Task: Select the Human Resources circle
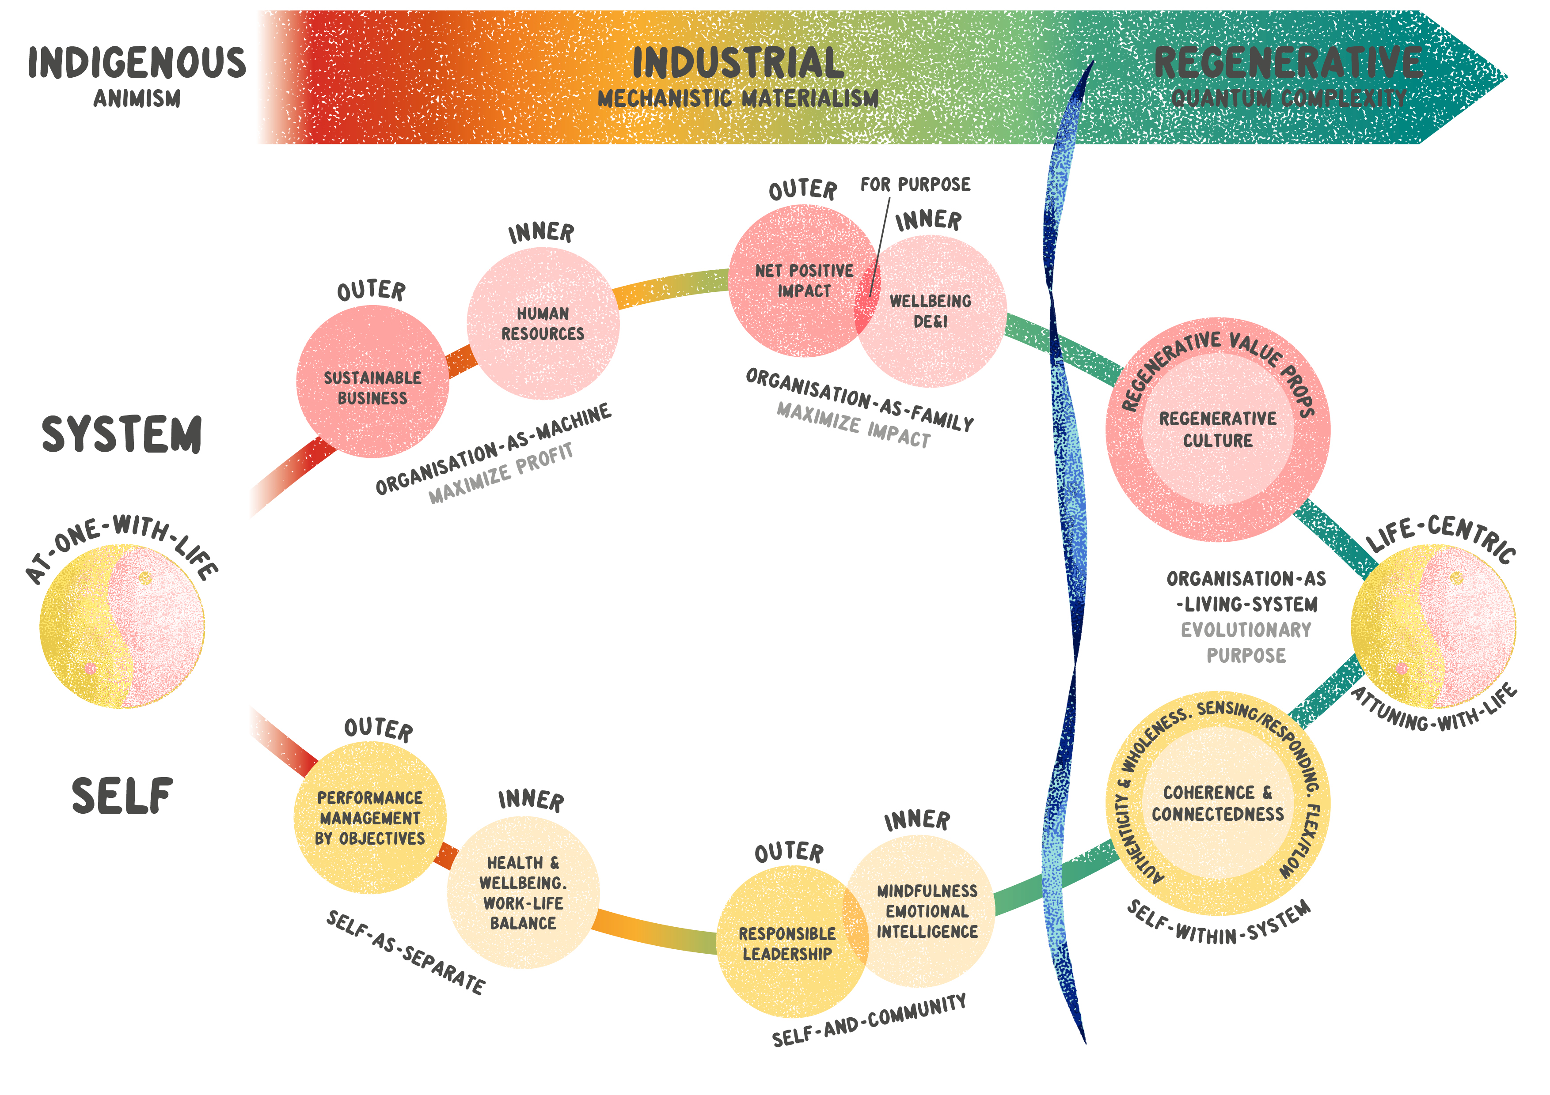coord(543,323)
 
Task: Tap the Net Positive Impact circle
coord(797,281)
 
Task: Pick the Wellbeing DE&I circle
coord(935,312)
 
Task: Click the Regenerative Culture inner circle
coord(1218,429)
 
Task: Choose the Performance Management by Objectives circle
coord(370,818)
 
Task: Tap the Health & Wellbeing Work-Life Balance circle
coord(523,893)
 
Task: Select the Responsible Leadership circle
coord(783,943)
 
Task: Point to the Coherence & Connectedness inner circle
coord(1218,803)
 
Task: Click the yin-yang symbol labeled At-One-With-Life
coord(122,626)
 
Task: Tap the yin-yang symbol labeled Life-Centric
coord(1433,626)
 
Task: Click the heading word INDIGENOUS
coord(137,63)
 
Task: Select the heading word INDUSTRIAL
coord(738,63)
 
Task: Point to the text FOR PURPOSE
coord(915,184)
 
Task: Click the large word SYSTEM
coord(122,434)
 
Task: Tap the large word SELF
coord(122,796)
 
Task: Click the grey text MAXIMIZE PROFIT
coord(501,473)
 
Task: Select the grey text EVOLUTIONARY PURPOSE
coord(1246,642)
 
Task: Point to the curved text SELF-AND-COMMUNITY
coord(869,1019)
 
